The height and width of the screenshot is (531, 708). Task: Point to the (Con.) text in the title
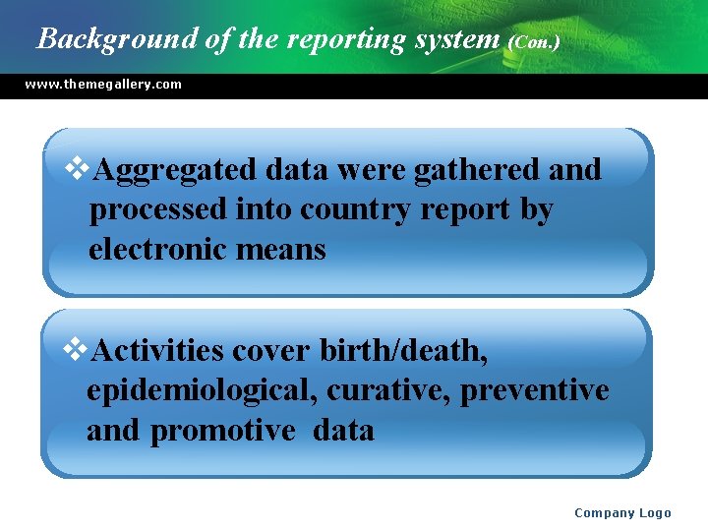535,42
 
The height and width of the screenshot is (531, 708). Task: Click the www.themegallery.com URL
103,85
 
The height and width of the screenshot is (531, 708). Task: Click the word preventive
535,390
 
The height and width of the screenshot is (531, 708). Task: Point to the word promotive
222,430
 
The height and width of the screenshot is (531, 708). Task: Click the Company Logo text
622,512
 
